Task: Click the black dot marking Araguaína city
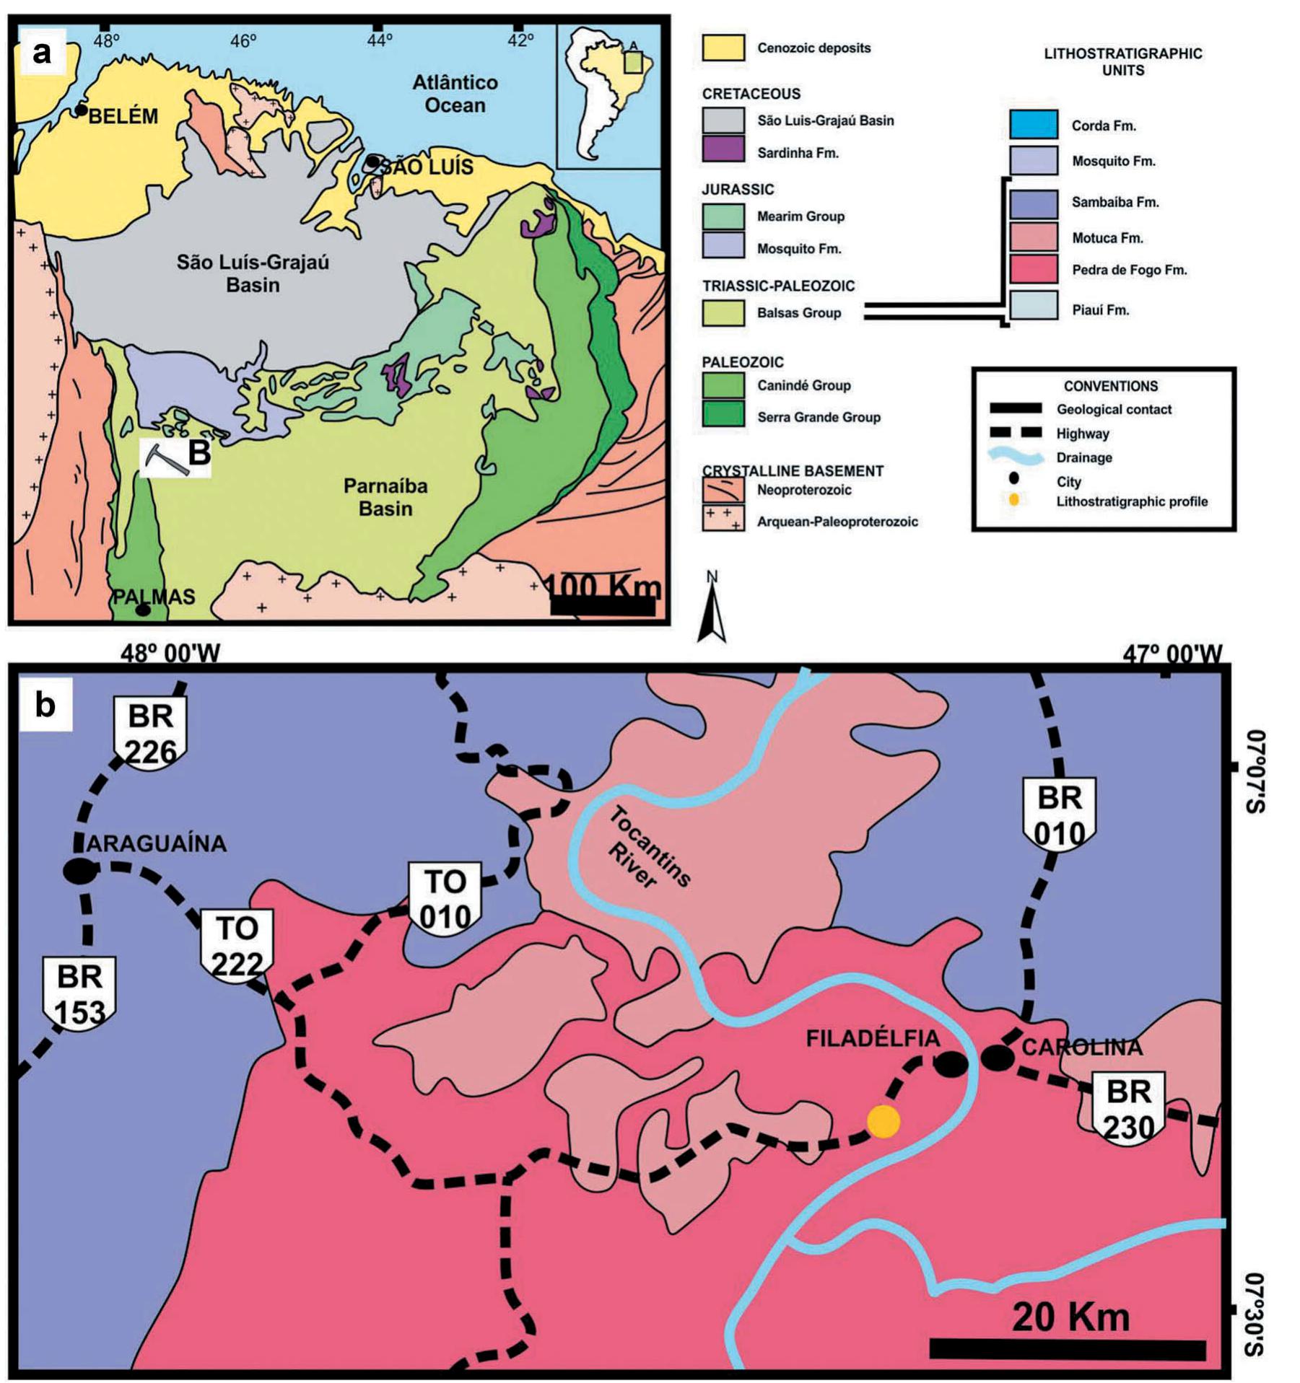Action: pos(79,871)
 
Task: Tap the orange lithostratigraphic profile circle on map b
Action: pos(883,1122)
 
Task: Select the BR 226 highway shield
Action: pos(150,733)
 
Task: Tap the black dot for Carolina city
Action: pos(998,1058)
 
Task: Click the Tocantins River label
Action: pos(647,848)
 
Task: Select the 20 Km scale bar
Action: pos(1067,1349)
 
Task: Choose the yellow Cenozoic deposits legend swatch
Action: pos(723,48)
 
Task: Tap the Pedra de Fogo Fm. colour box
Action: pos(1033,270)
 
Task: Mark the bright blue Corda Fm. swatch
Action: pos(1033,125)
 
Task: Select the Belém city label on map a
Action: pos(123,116)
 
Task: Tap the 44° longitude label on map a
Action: pos(379,41)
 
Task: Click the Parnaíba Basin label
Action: pos(385,497)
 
